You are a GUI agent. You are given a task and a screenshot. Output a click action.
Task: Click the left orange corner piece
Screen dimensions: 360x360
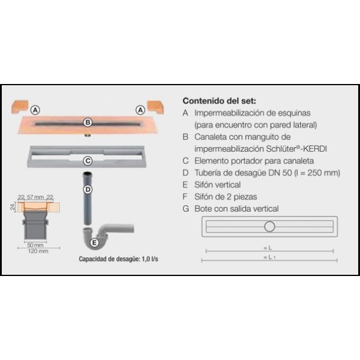[x=20, y=107]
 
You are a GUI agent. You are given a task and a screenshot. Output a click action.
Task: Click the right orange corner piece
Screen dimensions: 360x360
[x=155, y=107]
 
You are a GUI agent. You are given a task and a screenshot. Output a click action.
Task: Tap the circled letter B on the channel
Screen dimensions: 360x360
[x=88, y=122]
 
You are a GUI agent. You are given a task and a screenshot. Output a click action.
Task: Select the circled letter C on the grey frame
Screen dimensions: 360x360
[x=88, y=161]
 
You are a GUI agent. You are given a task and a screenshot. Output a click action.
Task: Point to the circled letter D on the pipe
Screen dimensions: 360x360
[x=88, y=190]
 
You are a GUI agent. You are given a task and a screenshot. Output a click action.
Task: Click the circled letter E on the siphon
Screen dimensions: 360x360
[x=94, y=242]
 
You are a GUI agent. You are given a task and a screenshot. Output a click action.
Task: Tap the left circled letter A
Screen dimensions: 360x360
[x=35, y=110]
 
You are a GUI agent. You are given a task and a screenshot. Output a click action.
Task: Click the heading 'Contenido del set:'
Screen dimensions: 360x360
[x=219, y=101]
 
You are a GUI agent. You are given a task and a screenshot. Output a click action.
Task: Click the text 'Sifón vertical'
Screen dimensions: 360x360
[x=217, y=185]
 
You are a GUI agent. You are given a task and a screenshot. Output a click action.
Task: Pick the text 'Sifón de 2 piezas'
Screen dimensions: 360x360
[x=226, y=197]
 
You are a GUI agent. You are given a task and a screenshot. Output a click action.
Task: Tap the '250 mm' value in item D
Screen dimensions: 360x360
[x=322, y=173]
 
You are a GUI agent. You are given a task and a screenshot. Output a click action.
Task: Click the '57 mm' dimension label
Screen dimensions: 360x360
[x=35, y=197]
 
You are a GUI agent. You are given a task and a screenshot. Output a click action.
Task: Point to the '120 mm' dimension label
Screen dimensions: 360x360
[x=38, y=251]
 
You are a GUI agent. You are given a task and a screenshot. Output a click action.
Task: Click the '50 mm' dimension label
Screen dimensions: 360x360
[x=35, y=245]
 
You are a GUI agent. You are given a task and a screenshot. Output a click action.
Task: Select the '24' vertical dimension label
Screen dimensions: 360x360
[x=13, y=206]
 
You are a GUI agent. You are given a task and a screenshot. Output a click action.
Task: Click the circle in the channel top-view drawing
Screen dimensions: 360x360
[x=269, y=227]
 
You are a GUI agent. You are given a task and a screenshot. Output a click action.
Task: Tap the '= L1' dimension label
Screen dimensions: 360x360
[x=269, y=257]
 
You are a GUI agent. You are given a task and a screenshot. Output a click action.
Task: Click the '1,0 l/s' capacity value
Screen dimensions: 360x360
[x=150, y=259]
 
